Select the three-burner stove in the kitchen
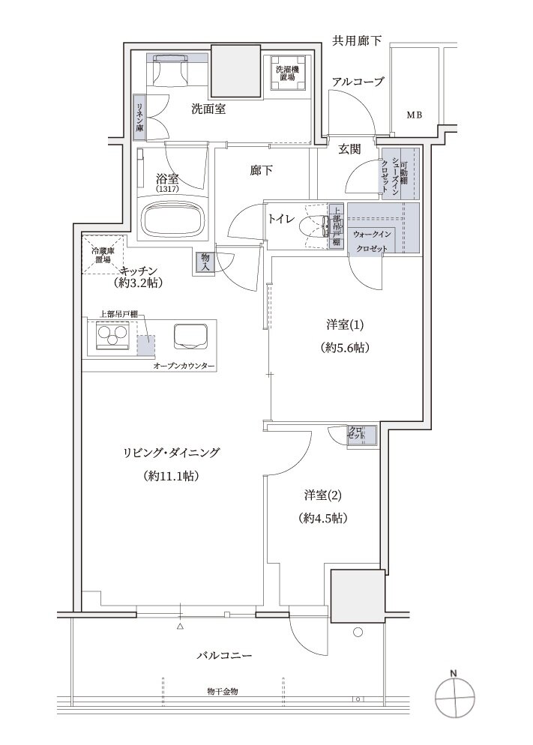pyautogui.click(x=113, y=337)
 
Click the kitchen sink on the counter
pyautogui.click(x=188, y=336)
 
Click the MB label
pyautogui.click(x=414, y=115)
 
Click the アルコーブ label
pyautogui.click(x=358, y=82)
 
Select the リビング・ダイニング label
pyautogui.click(x=172, y=453)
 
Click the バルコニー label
pyautogui.click(x=225, y=655)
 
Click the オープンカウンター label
pyautogui.click(x=184, y=366)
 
